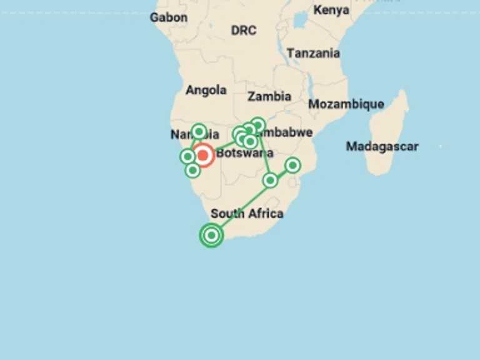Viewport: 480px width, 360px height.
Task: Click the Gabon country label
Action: click(168, 17)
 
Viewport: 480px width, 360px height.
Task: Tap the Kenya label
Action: click(331, 10)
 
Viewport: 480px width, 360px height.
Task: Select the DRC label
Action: click(243, 30)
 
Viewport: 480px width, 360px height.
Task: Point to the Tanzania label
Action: click(313, 53)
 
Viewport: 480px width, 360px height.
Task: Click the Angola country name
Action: click(206, 90)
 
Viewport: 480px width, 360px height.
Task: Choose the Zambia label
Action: click(269, 96)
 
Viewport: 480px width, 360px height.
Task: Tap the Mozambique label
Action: click(346, 104)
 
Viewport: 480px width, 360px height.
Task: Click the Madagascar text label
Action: click(382, 146)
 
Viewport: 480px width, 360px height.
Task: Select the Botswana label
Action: click(244, 153)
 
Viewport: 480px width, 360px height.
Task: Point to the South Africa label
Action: click(247, 213)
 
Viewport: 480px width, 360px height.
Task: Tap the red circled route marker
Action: click(202, 154)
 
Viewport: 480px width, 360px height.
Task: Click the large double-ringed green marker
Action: click(212, 235)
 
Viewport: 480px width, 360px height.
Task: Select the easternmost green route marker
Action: click(292, 165)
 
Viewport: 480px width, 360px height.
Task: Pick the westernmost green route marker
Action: click(187, 156)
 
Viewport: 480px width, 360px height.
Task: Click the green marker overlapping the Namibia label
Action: click(199, 131)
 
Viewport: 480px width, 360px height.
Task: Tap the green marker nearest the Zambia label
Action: click(258, 125)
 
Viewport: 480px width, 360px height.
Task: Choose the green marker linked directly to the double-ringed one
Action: click(270, 180)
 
